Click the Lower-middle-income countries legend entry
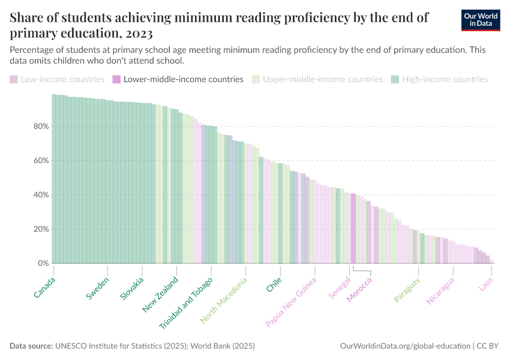[178, 79]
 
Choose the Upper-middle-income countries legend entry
[317, 79]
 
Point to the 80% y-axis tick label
[41, 127]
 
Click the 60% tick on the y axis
[41, 161]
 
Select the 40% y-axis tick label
[41, 195]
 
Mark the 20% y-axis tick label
[41, 229]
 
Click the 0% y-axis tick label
[43, 263]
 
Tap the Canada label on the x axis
[45, 287]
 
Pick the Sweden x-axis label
[98, 289]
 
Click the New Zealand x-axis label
[160, 295]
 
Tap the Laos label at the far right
[487, 284]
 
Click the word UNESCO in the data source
[71, 346]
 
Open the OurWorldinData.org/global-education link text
[404, 346]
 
